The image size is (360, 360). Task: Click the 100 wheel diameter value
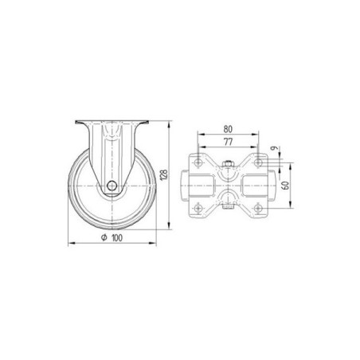coord(118,237)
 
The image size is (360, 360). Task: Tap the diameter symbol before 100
coord(104,237)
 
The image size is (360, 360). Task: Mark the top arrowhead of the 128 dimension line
coord(170,123)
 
